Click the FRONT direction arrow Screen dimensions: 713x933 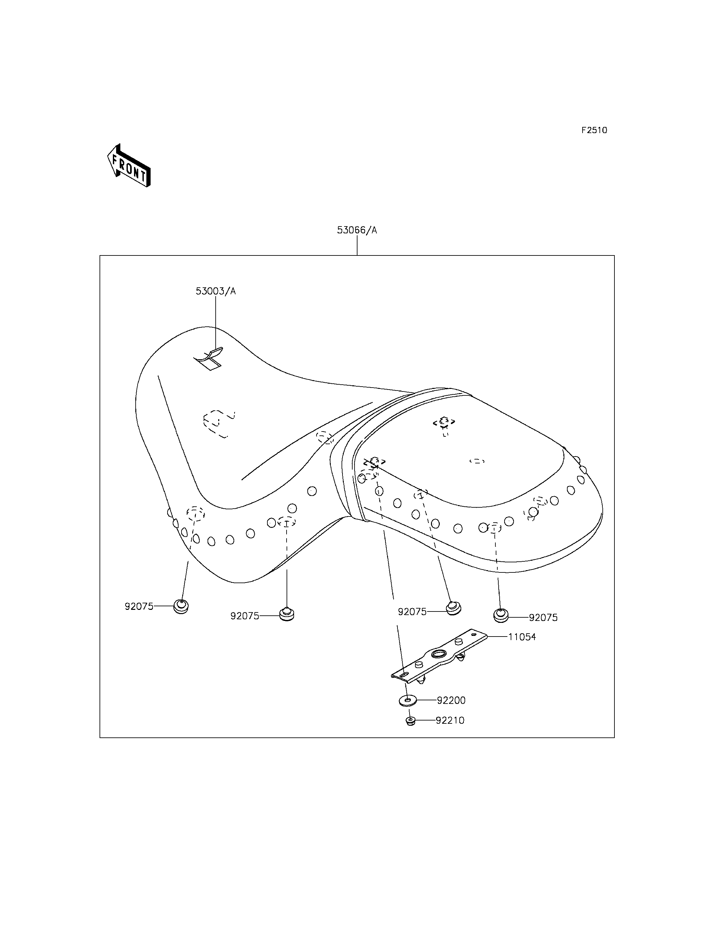click(x=128, y=166)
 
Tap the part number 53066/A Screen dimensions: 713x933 click(x=357, y=230)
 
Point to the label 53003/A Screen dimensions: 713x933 click(x=216, y=291)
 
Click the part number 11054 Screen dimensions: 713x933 click(x=522, y=649)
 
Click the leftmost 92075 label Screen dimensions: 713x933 click(x=139, y=606)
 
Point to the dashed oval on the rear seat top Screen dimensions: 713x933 click(x=477, y=461)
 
